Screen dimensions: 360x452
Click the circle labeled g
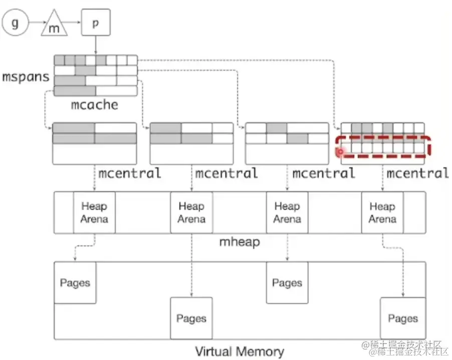click(x=15, y=24)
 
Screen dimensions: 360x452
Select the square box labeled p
click(x=95, y=23)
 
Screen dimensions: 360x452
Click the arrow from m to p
click(x=74, y=24)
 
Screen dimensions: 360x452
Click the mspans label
click(x=26, y=77)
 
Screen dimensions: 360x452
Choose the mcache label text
click(x=95, y=105)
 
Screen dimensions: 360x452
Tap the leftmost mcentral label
click(x=130, y=174)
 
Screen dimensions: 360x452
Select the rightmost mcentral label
click(x=417, y=174)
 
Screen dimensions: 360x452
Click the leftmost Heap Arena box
click(x=94, y=212)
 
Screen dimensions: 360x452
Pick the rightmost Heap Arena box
click(x=382, y=212)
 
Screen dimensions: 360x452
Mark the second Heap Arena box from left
click(x=191, y=212)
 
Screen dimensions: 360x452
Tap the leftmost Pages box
click(x=75, y=282)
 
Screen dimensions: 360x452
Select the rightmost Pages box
click(x=402, y=318)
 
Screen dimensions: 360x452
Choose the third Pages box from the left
click(x=287, y=282)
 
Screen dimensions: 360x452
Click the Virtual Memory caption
click(x=239, y=351)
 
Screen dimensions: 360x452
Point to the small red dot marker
click(x=340, y=150)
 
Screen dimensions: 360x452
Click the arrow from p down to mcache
click(x=95, y=45)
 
